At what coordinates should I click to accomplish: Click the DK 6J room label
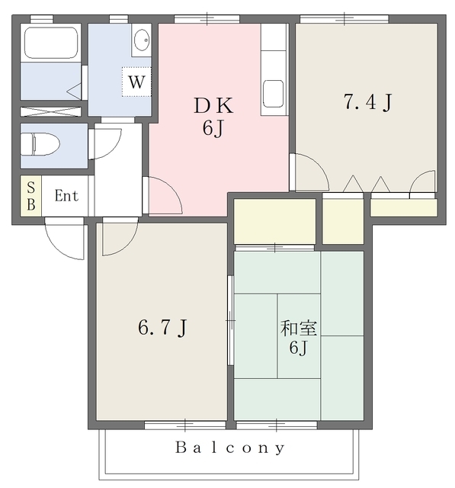coord(213,117)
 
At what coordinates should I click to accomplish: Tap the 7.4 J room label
coord(367,102)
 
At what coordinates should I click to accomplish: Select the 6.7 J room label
coord(162,327)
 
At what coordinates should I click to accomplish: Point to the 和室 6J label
coord(299,338)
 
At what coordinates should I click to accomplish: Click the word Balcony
coord(230,448)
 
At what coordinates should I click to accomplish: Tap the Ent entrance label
coord(66,196)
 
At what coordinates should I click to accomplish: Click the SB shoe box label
coord(30,196)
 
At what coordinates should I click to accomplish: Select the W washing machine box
coord(136,82)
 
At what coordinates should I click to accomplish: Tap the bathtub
coord(51,43)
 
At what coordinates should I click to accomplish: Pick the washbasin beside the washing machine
coord(142,40)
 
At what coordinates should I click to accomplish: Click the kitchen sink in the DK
coord(274,93)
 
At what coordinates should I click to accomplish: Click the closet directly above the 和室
coord(274,221)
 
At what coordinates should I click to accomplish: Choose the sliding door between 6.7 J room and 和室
coord(230,320)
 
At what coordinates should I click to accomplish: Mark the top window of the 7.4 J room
coord(344,19)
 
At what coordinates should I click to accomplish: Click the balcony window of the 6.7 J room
coord(185,425)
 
